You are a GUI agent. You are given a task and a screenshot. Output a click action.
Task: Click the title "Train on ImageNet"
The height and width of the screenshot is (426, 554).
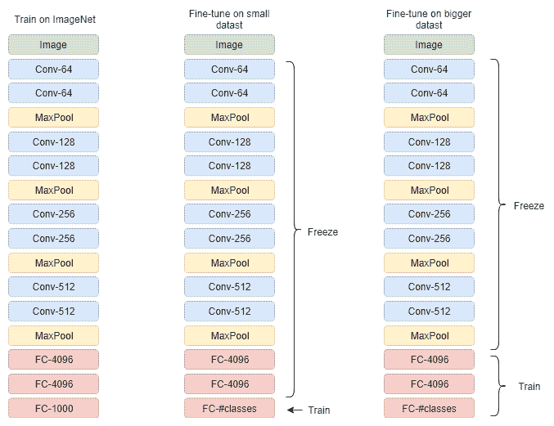click(55, 20)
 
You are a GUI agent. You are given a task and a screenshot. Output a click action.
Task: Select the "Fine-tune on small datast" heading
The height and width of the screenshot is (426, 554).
click(229, 20)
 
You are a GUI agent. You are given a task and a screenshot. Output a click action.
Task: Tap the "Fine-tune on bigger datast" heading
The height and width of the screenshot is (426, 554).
click(429, 20)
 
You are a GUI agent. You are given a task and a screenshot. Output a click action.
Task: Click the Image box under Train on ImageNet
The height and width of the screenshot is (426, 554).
click(53, 45)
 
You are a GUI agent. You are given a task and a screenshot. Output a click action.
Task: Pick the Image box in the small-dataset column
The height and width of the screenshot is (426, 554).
click(229, 45)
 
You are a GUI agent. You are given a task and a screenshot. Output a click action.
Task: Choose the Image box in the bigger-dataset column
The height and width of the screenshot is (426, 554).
click(429, 45)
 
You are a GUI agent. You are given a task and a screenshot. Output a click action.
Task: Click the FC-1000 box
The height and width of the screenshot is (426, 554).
click(53, 408)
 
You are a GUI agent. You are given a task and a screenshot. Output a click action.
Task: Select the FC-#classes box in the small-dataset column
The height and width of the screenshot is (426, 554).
click(229, 408)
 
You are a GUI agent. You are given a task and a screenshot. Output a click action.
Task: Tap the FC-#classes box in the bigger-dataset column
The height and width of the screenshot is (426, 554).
click(429, 408)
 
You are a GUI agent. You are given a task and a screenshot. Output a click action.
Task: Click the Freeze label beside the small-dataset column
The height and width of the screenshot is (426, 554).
click(322, 232)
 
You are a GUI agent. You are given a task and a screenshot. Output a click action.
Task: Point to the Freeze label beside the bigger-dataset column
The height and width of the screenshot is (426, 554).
click(529, 206)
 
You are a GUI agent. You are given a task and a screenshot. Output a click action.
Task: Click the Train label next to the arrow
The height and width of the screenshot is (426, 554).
click(319, 410)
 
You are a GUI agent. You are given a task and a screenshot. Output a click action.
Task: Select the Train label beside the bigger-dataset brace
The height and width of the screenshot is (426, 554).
click(529, 387)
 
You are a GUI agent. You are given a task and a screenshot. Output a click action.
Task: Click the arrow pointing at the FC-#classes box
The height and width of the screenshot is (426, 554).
click(295, 410)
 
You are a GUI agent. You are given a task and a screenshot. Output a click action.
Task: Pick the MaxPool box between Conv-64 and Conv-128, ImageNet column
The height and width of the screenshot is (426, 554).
click(53, 118)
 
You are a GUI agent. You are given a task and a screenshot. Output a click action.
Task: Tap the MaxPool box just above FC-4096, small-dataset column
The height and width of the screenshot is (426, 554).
click(229, 335)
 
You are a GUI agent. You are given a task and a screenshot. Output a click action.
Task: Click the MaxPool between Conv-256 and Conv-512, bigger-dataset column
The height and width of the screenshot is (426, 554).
click(429, 263)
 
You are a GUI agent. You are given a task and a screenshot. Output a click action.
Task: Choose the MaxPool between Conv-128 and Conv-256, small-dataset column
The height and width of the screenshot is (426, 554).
click(229, 191)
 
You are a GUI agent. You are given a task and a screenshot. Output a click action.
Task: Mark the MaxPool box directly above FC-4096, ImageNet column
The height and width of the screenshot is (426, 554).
click(53, 335)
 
